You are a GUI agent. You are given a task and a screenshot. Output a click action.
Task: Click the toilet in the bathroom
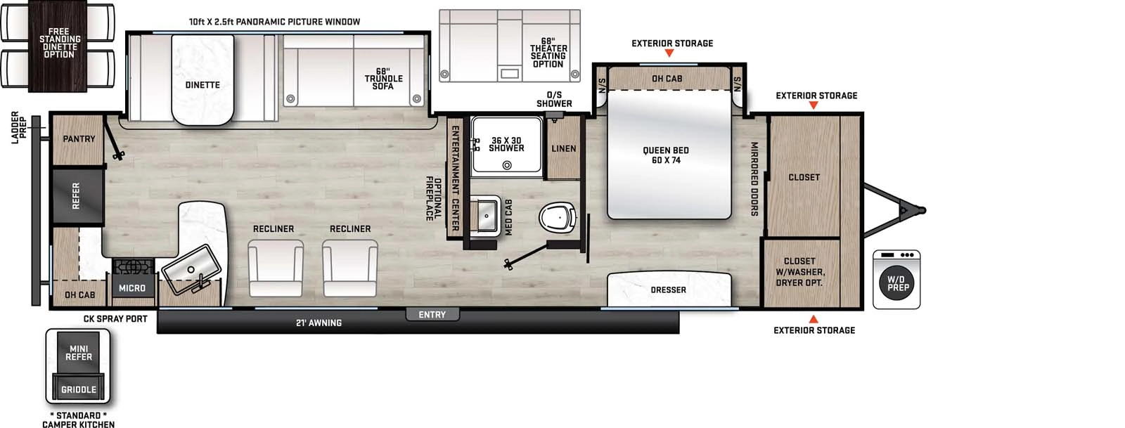coord(560,217)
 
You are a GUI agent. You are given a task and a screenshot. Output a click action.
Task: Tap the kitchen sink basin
coord(192,268)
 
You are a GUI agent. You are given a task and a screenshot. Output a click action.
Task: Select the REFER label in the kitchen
coord(76,195)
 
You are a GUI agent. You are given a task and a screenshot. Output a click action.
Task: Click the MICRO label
coord(132,288)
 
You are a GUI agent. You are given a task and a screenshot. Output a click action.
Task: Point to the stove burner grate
coord(133,266)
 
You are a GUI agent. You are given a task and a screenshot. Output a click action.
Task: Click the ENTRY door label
coord(432,315)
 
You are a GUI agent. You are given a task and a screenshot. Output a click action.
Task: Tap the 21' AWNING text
coord(319,323)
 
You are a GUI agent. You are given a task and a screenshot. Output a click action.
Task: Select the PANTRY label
coord(79,139)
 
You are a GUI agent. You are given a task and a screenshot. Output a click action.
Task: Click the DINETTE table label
coord(202,85)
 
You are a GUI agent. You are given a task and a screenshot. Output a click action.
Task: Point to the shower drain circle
coord(506,166)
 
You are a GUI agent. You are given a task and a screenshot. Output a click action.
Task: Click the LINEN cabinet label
coord(563,149)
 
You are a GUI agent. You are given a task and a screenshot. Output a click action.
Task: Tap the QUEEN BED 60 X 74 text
coord(665,155)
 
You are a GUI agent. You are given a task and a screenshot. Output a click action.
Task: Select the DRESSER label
coord(668,290)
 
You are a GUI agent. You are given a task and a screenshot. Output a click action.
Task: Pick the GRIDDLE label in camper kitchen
coord(79,389)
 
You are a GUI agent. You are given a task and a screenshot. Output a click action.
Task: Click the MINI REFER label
coord(79,353)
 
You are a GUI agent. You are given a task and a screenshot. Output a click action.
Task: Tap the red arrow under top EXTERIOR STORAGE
coord(669,53)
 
